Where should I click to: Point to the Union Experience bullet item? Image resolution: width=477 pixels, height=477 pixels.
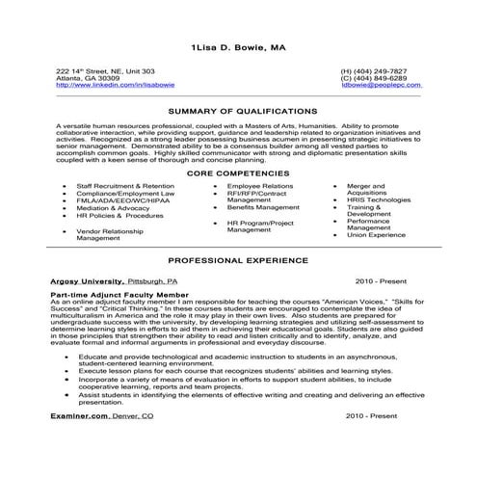378,234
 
